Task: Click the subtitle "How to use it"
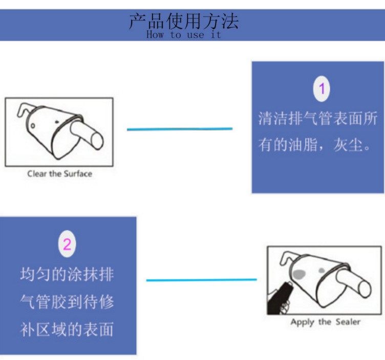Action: pyautogui.click(x=183, y=35)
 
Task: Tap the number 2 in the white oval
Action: pyautogui.click(x=67, y=244)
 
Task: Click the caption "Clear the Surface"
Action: pyautogui.click(x=59, y=174)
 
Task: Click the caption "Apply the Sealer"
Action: pyautogui.click(x=325, y=322)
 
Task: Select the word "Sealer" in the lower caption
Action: pyautogui.click(x=348, y=322)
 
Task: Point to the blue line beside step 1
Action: pyautogui.click(x=179, y=129)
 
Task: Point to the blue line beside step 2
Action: pyautogui.click(x=201, y=280)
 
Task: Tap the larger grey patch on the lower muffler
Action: pyautogui.click(x=299, y=273)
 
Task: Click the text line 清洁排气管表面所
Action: pyautogui.click(x=317, y=119)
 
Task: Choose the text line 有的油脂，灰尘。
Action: pyautogui.click(x=314, y=145)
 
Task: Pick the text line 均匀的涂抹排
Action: pyautogui.click(x=67, y=274)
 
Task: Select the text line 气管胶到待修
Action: pyautogui.click(x=67, y=301)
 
